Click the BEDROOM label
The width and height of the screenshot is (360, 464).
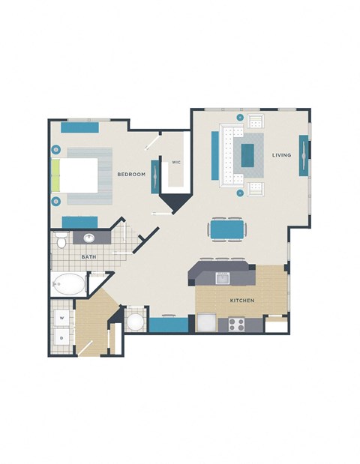[130, 174]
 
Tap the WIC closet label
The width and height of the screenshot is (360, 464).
[176, 162]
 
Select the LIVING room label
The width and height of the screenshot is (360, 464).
[281, 155]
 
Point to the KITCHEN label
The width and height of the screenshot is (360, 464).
[242, 301]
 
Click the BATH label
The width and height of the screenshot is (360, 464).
[88, 257]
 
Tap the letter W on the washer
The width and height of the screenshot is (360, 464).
[61, 318]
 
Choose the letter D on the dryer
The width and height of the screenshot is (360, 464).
[61, 338]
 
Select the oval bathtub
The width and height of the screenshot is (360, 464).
[68, 284]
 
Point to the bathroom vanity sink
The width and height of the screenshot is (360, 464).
[89, 238]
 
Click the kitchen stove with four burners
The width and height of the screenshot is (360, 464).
[236, 325]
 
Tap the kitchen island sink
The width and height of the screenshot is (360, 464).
[222, 277]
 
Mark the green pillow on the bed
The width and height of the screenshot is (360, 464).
[55, 175]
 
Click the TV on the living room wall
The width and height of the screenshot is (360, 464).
[304, 155]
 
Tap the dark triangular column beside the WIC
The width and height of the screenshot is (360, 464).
[175, 201]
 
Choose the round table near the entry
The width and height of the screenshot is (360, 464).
[135, 322]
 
